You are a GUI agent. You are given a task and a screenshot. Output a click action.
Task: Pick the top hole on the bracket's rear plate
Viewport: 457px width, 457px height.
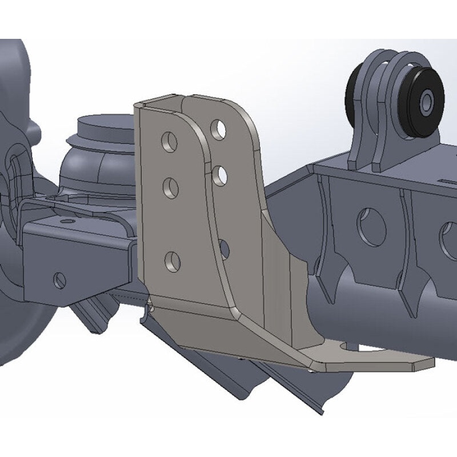pyautogui.click(x=218, y=130)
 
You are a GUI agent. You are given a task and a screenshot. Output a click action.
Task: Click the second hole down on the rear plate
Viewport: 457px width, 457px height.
pyautogui.click(x=220, y=174)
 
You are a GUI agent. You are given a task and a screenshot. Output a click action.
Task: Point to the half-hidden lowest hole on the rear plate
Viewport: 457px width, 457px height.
pyautogui.click(x=224, y=248)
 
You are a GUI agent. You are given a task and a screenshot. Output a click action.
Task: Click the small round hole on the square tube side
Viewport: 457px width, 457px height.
pyautogui.click(x=59, y=280)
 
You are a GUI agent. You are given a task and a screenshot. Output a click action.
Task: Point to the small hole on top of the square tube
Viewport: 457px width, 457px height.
pyautogui.click(x=69, y=221)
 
